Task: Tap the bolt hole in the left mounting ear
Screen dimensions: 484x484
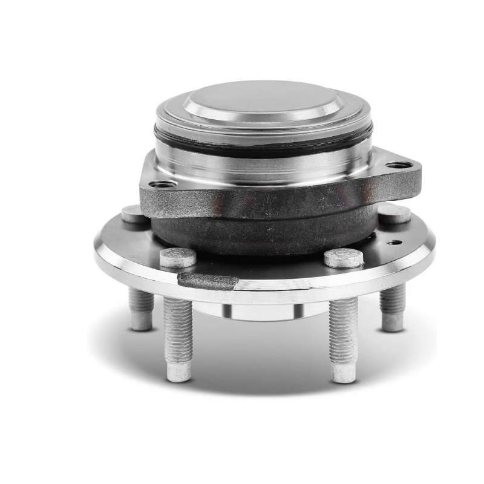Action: point(162,184)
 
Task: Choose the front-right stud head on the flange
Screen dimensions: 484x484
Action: point(343,258)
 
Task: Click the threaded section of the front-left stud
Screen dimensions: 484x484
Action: point(178,327)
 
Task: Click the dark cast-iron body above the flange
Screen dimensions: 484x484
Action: point(260,233)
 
